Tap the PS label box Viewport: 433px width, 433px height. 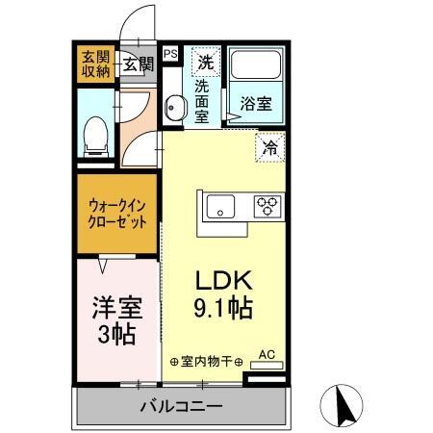(x=170, y=55)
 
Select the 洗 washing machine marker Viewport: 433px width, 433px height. (x=205, y=64)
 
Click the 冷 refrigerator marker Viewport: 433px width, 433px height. (x=270, y=148)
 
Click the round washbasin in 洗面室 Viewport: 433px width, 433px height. (x=174, y=108)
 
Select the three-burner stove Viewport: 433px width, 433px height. (x=266, y=205)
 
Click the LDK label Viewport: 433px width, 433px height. (x=224, y=281)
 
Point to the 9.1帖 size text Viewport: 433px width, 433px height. (x=224, y=310)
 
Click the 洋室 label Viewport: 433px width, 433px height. (x=116, y=309)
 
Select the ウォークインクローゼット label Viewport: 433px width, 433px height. (x=118, y=213)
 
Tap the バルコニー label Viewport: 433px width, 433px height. (x=179, y=405)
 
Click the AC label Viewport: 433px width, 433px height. (x=267, y=354)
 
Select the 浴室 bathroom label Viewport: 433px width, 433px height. (x=257, y=99)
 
